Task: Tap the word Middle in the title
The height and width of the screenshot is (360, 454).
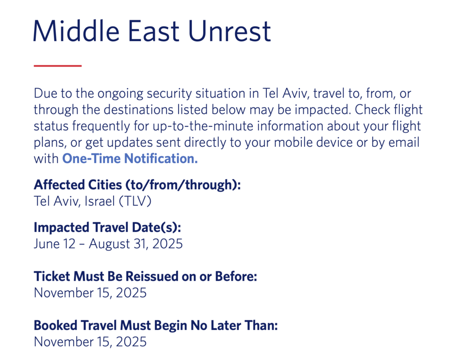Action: point(76,31)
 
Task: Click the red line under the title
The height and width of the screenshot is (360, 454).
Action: point(58,66)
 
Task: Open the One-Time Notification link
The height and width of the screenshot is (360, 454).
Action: point(130,158)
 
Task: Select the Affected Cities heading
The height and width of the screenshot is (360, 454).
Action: point(137,185)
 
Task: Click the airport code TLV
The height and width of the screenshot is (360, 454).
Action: point(135,201)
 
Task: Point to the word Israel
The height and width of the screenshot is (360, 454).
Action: point(100,201)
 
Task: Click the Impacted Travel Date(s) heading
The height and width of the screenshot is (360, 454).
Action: point(107,227)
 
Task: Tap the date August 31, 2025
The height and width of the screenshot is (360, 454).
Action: point(136,244)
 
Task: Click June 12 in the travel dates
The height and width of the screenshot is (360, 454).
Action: point(55,244)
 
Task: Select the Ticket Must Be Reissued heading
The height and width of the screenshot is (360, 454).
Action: point(145,276)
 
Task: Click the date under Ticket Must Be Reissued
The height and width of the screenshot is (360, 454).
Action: point(90,293)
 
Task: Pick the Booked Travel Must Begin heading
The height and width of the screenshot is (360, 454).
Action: point(156,325)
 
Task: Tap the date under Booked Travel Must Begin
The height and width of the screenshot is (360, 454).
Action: point(90,342)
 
